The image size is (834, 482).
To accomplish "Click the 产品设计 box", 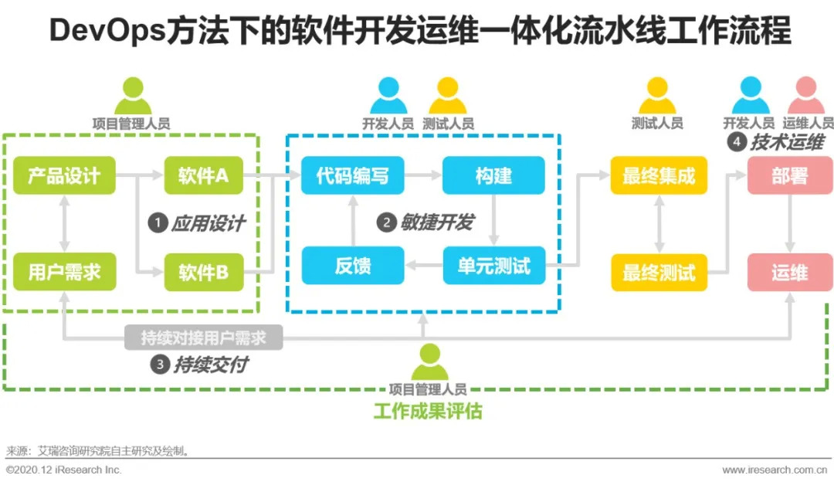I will tap(64, 176).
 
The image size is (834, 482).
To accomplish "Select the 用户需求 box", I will tap(64, 272).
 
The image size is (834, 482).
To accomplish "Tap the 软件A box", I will tap(203, 176).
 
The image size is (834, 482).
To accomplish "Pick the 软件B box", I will tap(203, 272).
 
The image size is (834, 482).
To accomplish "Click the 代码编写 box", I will tap(352, 176).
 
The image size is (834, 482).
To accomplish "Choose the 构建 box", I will tap(493, 176).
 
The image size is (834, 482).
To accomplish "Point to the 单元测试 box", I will tap(493, 266).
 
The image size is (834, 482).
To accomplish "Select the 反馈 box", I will tap(352, 266).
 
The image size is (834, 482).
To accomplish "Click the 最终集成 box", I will tap(659, 176).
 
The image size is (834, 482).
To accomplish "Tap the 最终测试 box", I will tap(659, 272).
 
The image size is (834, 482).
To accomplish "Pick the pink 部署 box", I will tap(789, 176).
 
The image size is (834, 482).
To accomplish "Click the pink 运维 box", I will tap(789, 272).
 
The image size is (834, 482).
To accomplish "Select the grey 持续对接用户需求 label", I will tap(203, 338).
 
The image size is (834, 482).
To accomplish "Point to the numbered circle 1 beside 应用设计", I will tap(158, 223).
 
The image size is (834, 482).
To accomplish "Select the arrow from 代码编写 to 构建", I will tap(422, 176).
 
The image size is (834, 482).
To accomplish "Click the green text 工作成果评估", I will tap(427, 411).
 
